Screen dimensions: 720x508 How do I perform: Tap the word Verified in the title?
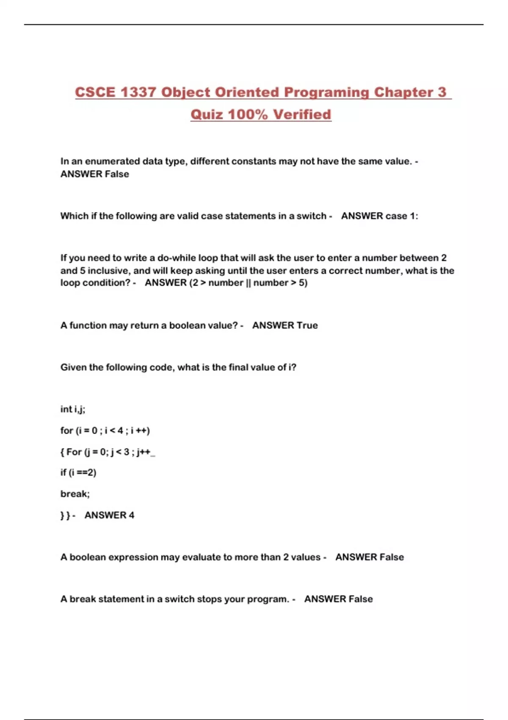[302, 114]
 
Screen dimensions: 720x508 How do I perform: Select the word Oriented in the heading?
[247, 92]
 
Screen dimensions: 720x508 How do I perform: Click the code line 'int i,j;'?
[73, 409]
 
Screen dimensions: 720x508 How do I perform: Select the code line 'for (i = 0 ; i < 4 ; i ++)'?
[105, 431]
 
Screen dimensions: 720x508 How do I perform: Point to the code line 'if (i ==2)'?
[78, 473]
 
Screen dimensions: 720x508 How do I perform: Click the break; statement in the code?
[75, 494]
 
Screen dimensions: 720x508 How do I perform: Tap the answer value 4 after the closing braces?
[131, 515]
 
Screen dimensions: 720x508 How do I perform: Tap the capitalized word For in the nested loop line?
[74, 452]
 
